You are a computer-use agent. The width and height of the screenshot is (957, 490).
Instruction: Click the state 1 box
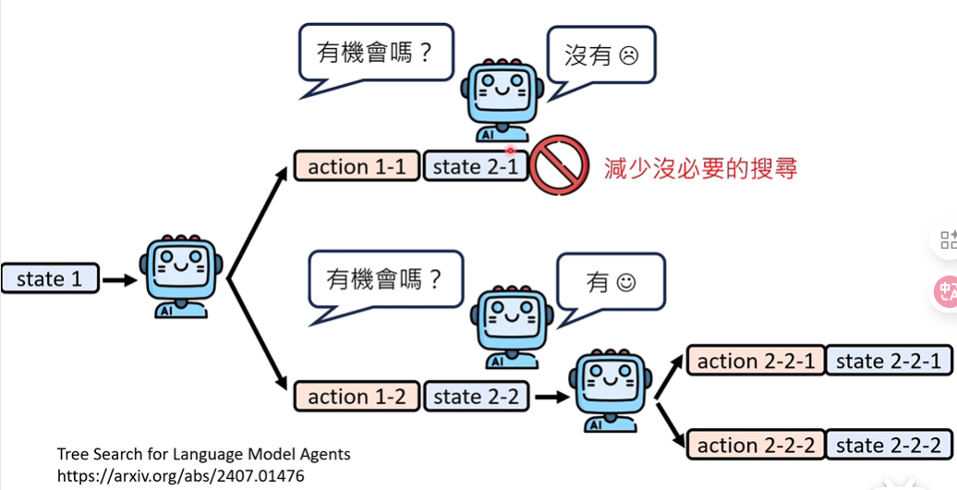[49, 278]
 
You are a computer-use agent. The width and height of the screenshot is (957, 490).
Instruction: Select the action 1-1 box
[357, 166]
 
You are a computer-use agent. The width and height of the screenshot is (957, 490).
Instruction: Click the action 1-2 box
[357, 397]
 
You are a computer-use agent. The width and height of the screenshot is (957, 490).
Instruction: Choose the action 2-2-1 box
[756, 361]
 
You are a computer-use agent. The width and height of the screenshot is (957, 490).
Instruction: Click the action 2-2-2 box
[756, 446]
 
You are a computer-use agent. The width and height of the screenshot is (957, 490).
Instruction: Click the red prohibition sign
[559, 165]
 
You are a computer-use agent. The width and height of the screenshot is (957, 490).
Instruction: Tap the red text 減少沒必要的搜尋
[700, 168]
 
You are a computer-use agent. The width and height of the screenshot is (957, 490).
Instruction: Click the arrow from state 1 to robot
[118, 278]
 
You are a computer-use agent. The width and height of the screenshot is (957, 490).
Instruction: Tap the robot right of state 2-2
[607, 391]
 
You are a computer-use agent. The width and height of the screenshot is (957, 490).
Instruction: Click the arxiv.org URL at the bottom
[180, 475]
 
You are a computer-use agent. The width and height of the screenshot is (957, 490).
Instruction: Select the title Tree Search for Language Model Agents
[203, 454]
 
